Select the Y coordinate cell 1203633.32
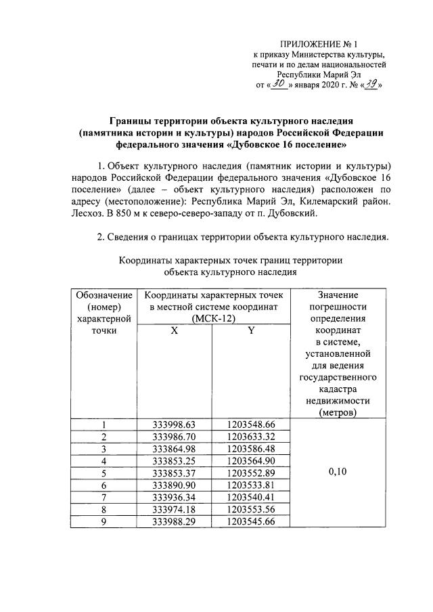[x=251, y=437]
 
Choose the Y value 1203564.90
[x=251, y=461]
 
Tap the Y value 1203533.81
[x=251, y=485]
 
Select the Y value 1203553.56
[x=251, y=510]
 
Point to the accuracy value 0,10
[x=337, y=473]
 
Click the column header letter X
[x=173, y=331]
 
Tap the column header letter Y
[x=250, y=331]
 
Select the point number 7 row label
[x=104, y=498]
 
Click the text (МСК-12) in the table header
[x=212, y=318]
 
